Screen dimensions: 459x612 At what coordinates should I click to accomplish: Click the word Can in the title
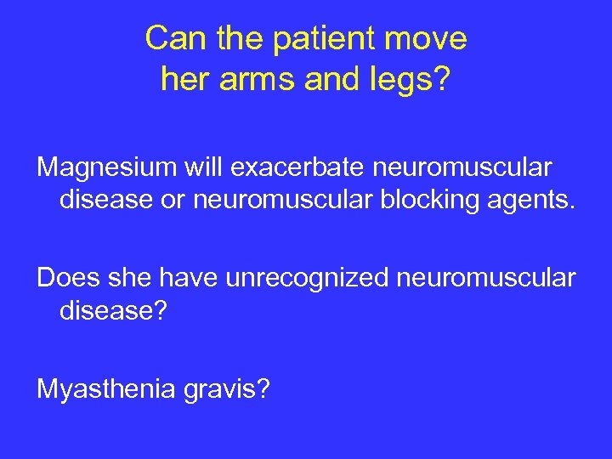[173, 39]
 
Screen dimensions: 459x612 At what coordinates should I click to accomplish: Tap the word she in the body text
[127, 278]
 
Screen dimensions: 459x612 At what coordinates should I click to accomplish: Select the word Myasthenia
[104, 389]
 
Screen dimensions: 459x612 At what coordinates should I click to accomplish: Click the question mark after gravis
[264, 389]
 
